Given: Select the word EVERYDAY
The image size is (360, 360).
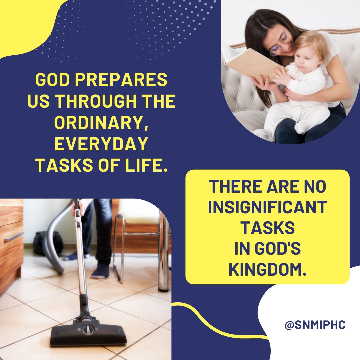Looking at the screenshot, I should (101, 145).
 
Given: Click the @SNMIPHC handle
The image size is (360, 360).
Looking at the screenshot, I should (315, 325).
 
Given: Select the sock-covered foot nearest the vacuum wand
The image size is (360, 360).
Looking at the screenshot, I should (100, 272).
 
